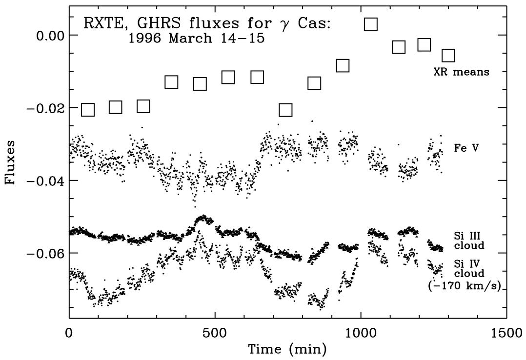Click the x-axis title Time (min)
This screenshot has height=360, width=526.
pyautogui.click(x=283, y=349)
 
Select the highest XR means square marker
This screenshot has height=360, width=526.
pyautogui.click(x=371, y=24)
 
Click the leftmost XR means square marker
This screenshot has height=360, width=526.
pyautogui.click(x=87, y=110)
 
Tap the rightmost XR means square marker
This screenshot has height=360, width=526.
pyautogui.click(x=448, y=56)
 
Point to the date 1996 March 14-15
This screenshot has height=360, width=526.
pyautogui.click(x=196, y=39)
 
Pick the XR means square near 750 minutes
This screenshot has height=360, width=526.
pyautogui.click(x=285, y=110)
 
